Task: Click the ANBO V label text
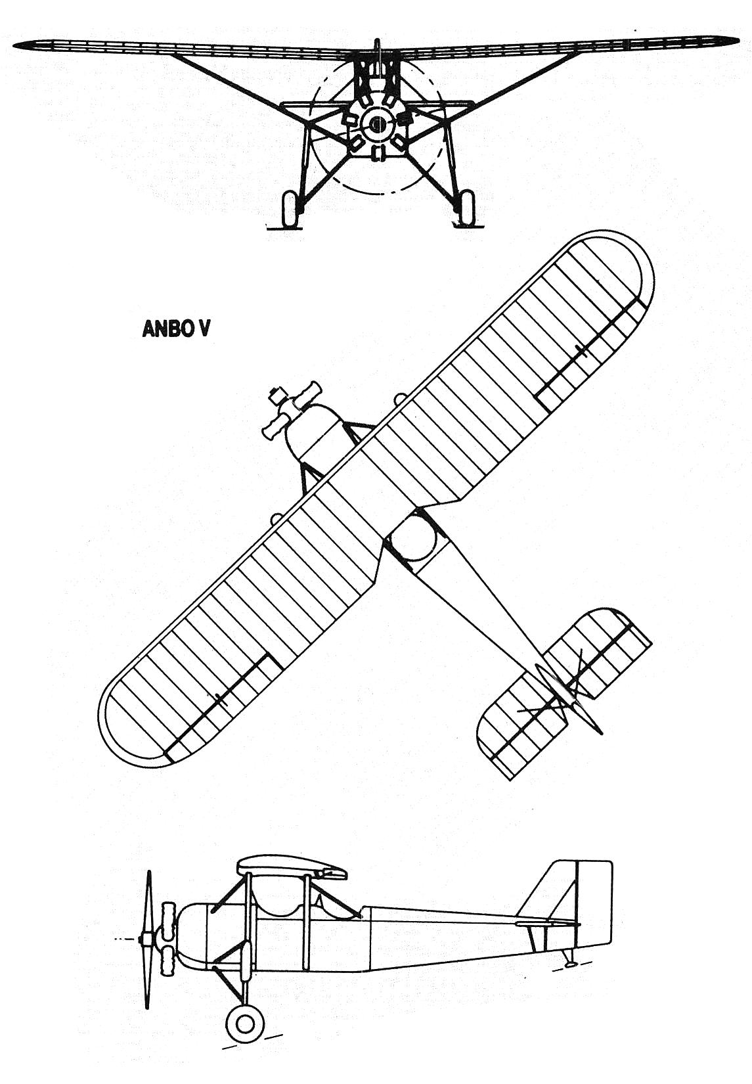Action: point(176,328)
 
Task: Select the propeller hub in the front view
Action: point(376,125)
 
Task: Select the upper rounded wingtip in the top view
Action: point(621,263)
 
